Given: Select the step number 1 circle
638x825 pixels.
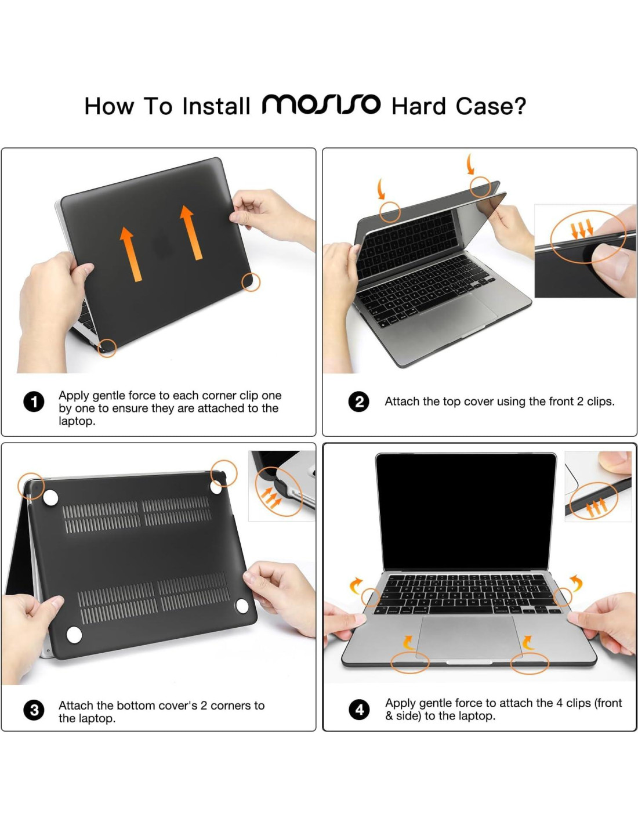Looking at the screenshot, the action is tap(34, 402).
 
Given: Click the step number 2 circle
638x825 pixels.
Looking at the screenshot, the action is tap(358, 401).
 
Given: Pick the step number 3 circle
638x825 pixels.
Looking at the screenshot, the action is tap(34, 710).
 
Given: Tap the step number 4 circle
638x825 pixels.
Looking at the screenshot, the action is tap(358, 710).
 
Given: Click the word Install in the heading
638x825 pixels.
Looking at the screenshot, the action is tap(216, 106).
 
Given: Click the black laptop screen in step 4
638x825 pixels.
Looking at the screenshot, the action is tap(466, 511).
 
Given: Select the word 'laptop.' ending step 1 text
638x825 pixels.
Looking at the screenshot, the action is tap(77, 421).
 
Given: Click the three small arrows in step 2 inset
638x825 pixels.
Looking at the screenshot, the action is tap(582, 228).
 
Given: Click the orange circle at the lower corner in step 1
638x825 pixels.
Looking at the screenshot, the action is tap(107, 348).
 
